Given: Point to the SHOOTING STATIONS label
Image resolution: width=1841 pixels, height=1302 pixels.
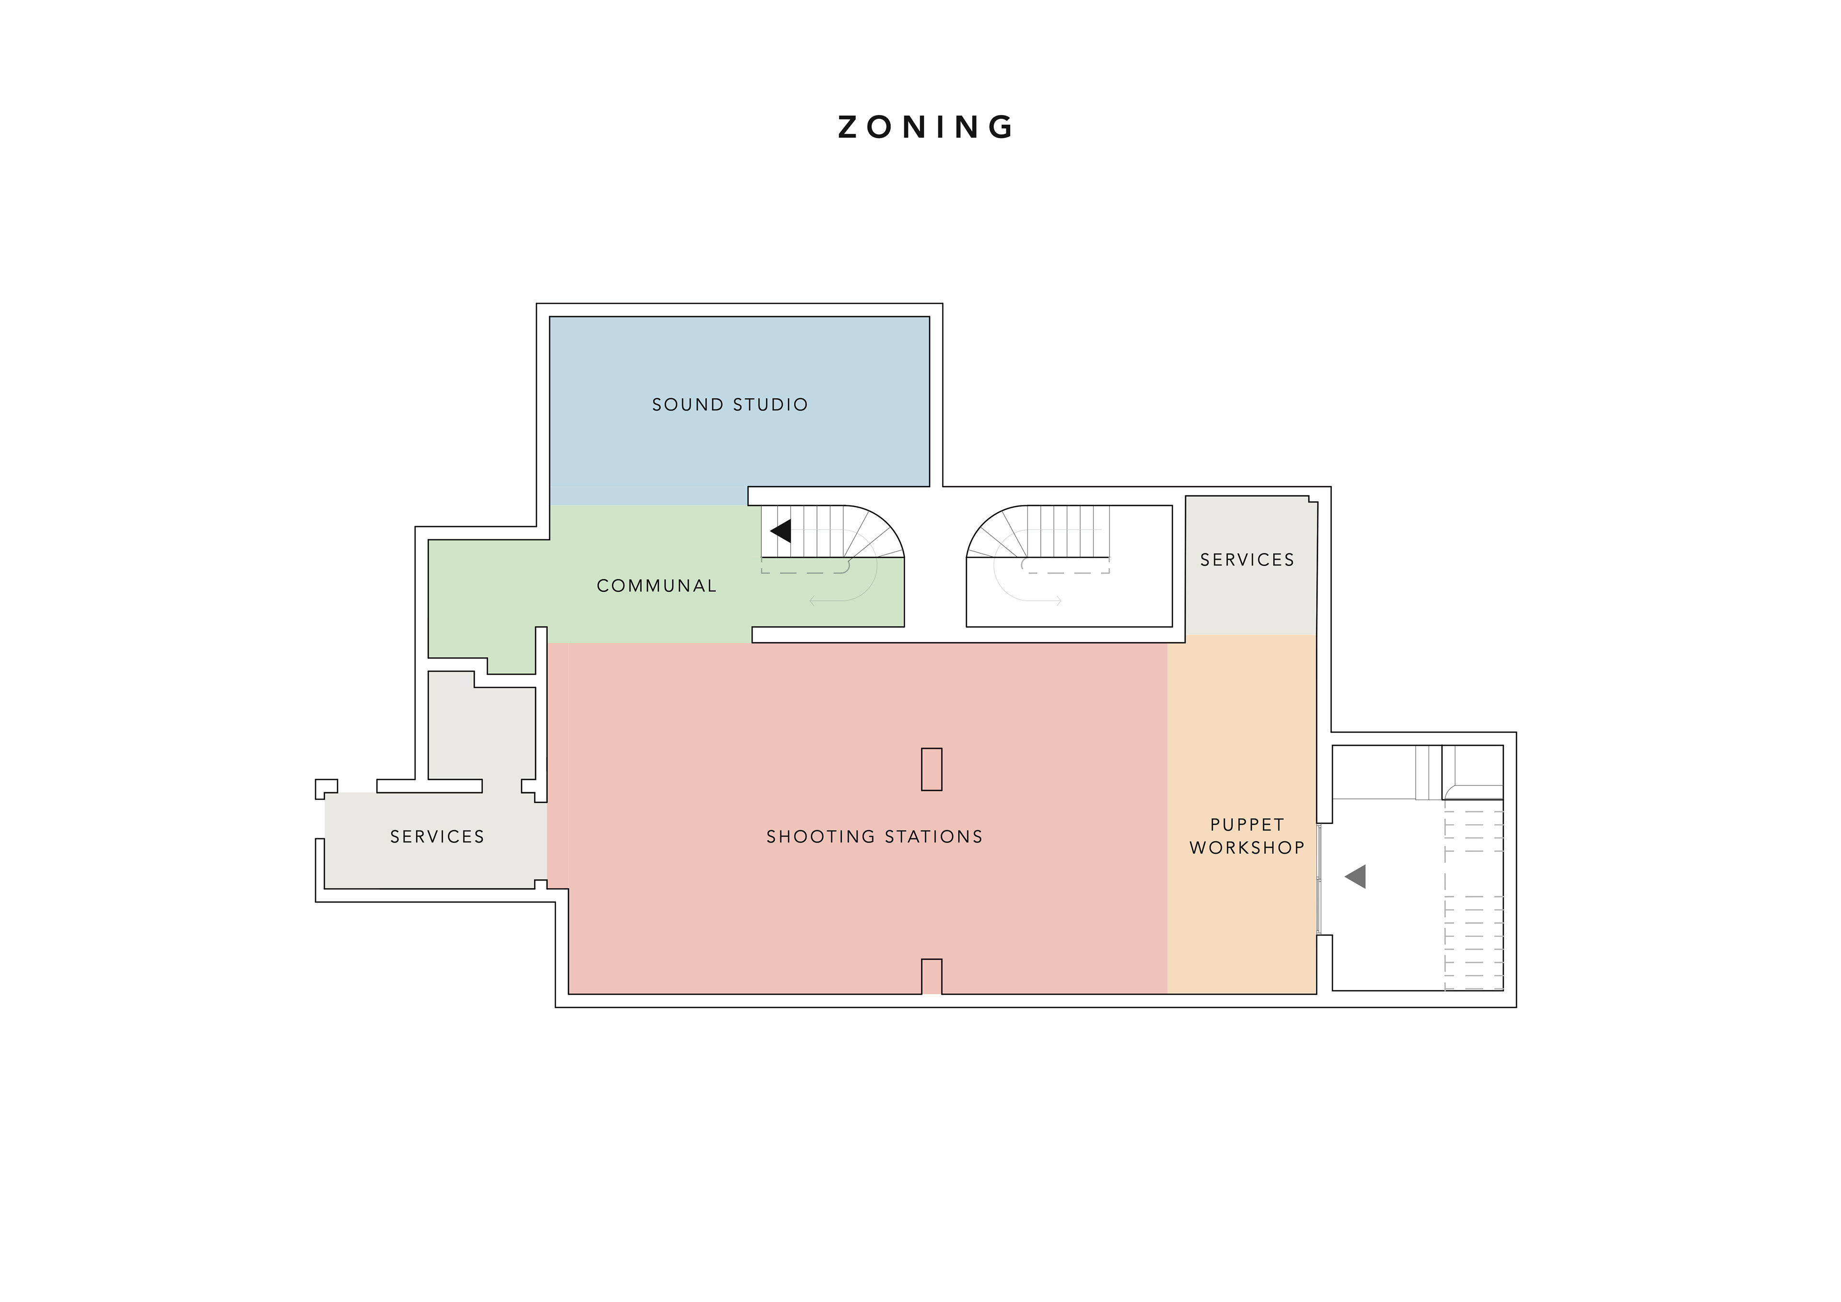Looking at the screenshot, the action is point(874,837).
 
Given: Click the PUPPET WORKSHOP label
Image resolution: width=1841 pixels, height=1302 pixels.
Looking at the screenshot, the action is point(1247,836).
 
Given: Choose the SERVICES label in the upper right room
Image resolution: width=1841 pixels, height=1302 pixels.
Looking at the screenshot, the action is point(1247,560).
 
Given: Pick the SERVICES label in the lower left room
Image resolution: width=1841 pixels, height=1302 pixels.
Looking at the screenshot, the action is point(437,837).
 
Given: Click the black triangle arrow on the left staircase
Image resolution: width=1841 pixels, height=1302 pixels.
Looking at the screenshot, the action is point(781,530).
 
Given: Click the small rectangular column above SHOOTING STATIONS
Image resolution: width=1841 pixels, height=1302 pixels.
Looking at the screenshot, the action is point(931,769).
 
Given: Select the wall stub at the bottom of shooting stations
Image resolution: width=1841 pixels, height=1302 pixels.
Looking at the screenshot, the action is point(931,976).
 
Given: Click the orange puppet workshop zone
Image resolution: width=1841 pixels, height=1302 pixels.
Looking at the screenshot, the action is point(1241,814).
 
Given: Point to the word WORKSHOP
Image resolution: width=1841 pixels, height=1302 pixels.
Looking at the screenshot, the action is point(1247,848).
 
